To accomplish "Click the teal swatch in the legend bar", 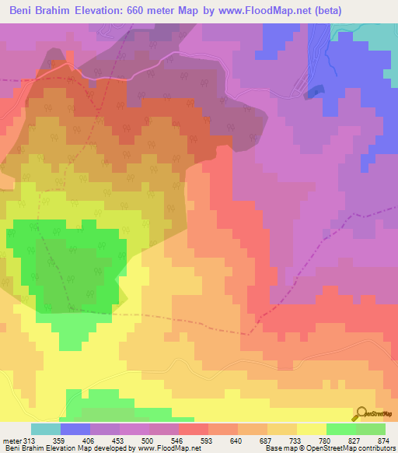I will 46,429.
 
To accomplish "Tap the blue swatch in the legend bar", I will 75,429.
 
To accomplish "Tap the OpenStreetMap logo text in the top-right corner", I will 375,74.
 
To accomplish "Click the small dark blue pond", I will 313,92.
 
